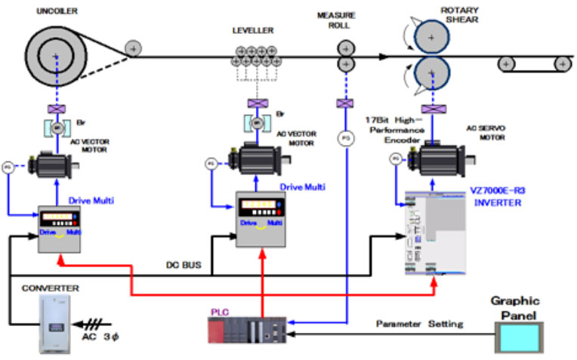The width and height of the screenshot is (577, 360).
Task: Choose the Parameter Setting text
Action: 420,325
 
